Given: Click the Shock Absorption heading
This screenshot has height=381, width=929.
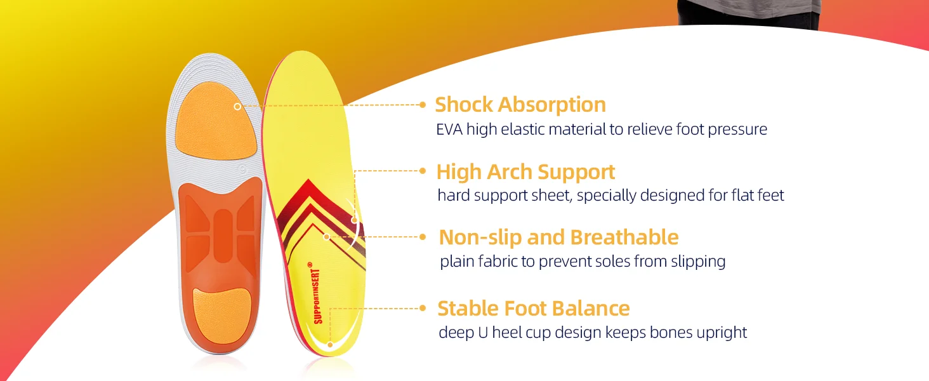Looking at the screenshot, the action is [x=520, y=105].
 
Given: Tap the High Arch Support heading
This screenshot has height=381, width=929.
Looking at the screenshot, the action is [x=525, y=172].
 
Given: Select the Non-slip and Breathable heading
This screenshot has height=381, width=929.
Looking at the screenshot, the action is [x=558, y=237].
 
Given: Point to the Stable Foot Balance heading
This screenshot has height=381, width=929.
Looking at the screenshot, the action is [x=534, y=309].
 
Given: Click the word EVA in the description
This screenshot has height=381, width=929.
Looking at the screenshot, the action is [x=449, y=130].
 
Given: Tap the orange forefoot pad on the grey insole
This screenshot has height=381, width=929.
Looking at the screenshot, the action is [x=216, y=121].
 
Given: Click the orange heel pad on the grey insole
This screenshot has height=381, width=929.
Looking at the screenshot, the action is [x=222, y=316].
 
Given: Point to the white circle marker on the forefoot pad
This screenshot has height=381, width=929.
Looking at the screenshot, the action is [x=237, y=107].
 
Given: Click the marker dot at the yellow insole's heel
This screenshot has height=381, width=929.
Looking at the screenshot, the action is [x=330, y=344].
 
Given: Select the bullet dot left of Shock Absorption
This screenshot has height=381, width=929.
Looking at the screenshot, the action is [x=423, y=105].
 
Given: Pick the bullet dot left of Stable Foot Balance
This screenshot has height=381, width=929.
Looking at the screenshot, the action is [x=423, y=308].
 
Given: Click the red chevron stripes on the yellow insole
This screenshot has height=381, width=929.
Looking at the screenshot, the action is [x=322, y=220].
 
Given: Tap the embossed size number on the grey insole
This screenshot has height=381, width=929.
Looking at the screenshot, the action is [x=242, y=170].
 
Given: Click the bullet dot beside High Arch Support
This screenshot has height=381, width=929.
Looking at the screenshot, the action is [x=423, y=171].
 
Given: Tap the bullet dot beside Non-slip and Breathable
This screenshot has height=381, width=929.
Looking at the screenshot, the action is [x=423, y=237].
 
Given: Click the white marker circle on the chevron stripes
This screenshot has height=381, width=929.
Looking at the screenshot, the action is [x=327, y=237].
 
